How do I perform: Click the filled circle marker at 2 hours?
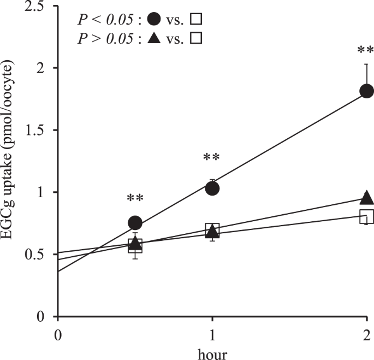366,91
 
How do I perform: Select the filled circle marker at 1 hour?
212,188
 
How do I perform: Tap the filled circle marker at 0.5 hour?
135,222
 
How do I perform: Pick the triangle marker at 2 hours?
366,197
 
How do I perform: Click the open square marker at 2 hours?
366,216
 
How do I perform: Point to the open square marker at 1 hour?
212,229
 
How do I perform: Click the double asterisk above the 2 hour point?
365,51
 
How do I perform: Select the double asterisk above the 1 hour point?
211,158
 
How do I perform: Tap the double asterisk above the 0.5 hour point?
134,198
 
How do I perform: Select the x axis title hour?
212,352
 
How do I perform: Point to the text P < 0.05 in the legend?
104,20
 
